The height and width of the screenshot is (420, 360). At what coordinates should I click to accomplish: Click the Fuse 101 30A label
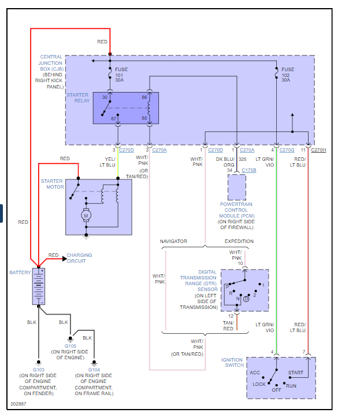point(121,75)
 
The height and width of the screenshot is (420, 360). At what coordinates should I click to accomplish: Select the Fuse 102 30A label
point(287,75)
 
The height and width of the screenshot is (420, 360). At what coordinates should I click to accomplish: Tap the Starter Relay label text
point(78,98)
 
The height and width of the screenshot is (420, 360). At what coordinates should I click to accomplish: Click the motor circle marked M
point(87,215)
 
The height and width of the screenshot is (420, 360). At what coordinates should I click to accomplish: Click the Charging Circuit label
point(79,258)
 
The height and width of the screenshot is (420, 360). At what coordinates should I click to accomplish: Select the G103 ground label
point(38,369)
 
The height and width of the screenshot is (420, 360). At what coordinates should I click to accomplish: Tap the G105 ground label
point(70,346)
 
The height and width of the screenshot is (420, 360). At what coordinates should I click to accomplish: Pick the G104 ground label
point(94,369)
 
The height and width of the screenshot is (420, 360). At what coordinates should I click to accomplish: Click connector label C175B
point(248,170)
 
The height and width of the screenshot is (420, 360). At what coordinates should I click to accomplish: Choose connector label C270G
point(287,150)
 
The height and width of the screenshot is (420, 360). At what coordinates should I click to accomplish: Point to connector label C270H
point(319,150)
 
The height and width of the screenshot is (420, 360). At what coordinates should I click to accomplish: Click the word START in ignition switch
point(295,373)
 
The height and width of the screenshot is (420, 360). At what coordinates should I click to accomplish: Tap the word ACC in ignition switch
point(255,373)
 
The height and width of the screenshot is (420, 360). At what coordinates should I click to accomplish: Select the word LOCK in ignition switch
point(258,384)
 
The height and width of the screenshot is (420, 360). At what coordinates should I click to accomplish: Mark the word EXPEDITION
point(239,241)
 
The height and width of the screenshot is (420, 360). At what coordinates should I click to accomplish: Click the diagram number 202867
point(19,404)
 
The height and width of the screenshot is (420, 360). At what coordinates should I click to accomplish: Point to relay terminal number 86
point(144,98)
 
